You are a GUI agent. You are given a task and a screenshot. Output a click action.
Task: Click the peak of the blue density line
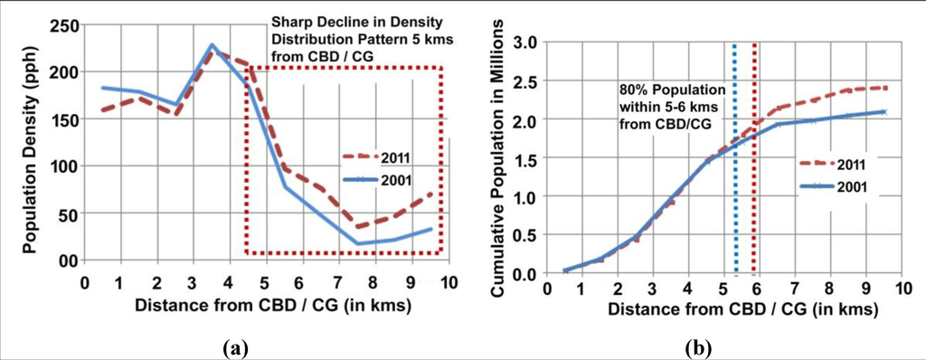point(212,44)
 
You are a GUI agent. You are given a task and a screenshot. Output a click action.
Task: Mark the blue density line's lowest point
point(358,243)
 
